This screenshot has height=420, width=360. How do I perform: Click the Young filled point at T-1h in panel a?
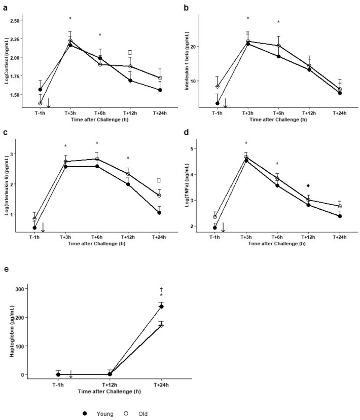click(40, 90)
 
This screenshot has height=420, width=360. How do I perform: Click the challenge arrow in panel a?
click(49, 103)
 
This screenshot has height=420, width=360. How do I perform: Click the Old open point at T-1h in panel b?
click(218, 87)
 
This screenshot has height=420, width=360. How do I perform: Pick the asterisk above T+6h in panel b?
click(278, 22)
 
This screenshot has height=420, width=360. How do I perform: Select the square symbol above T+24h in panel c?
click(159, 180)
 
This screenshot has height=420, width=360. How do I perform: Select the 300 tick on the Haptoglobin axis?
click(22, 288)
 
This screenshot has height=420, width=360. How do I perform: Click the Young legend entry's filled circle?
click(85, 413)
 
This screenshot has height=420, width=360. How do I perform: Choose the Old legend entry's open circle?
click(126, 413)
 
